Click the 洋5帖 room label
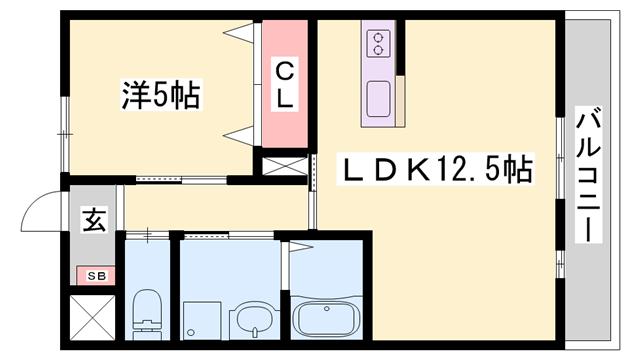(161, 95)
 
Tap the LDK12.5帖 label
(436, 169)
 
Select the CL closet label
(284, 84)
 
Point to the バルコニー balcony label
(588, 174)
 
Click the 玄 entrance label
(95, 220)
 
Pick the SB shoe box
(96, 276)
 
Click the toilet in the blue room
(147, 314)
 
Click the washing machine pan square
(202, 320)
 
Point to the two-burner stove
(378, 43)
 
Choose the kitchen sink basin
(378, 99)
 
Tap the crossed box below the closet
(285, 166)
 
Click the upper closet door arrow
(238, 32)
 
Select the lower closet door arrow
(238, 135)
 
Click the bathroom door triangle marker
(301, 247)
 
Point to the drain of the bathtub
(327, 309)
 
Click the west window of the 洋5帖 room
(64, 134)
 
